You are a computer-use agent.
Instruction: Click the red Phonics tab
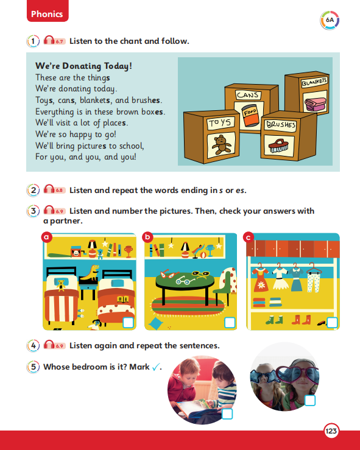48,11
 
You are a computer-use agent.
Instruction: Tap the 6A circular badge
330,20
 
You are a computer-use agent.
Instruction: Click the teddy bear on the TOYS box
221,144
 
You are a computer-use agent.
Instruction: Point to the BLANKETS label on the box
314,82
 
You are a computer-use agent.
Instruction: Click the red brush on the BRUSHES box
278,145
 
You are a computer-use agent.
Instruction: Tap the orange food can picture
249,115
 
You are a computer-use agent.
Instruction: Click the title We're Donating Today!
83,66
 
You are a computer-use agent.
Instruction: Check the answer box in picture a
128,323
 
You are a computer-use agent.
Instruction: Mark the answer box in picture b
230,323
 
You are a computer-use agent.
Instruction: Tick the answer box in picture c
332,323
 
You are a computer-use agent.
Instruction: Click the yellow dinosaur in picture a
90,272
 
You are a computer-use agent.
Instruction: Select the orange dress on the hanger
260,278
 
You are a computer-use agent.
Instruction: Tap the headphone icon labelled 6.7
55,40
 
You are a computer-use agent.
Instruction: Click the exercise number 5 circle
34,367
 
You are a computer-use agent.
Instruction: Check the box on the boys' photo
227,414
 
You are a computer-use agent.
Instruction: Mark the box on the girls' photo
310,400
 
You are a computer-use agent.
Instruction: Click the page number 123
331,431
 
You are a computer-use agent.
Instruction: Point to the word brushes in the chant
146,100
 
